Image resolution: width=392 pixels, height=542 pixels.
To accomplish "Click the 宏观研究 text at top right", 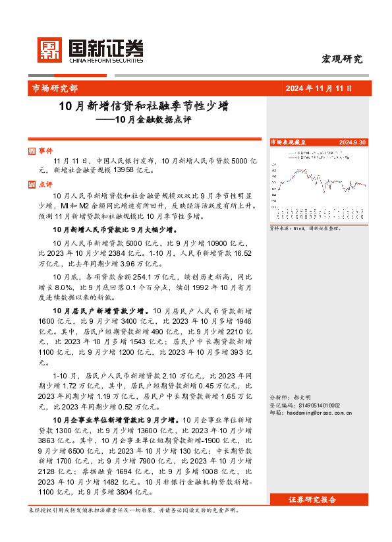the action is [x=341, y=59].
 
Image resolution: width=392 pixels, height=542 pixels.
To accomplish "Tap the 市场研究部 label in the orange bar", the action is [x=54, y=88].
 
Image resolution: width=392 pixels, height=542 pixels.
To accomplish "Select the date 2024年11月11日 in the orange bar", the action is [x=319, y=88].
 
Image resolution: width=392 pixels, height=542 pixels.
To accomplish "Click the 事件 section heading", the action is [x=45, y=151].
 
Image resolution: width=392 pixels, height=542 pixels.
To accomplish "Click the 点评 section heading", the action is [x=45, y=185].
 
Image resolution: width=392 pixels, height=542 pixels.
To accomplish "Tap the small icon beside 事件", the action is [x=33, y=151].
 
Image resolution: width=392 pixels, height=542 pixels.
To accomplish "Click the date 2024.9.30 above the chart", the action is [x=352, y=142].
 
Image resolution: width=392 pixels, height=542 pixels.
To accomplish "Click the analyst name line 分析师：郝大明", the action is [x=291, y=398].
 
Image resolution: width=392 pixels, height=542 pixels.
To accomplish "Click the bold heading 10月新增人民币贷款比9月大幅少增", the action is [x=115, y=229].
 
